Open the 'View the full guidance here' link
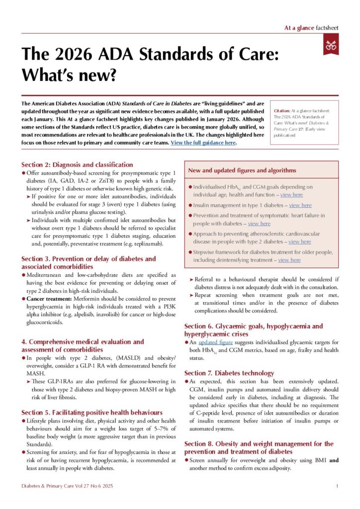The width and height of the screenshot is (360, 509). click(x=203, y=143)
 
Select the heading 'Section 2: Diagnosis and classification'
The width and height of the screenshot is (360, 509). click(x=77, y=165)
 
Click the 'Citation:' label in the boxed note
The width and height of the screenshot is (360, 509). click(x=284, y=111)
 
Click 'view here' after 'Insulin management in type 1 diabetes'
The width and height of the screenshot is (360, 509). click(x=300, y=205)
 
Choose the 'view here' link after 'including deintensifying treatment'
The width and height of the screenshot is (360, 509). click(x=289, y=260)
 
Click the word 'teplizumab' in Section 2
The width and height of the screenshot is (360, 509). click(x=137, y=244)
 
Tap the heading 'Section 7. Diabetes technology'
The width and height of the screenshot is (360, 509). click(x=229, y=373)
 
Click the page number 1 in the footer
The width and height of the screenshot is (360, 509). click(x=337, y=486)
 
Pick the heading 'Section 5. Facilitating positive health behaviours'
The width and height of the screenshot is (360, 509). click(x=92, y=412)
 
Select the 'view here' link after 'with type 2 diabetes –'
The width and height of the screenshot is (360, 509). click(x=299, y=242)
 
